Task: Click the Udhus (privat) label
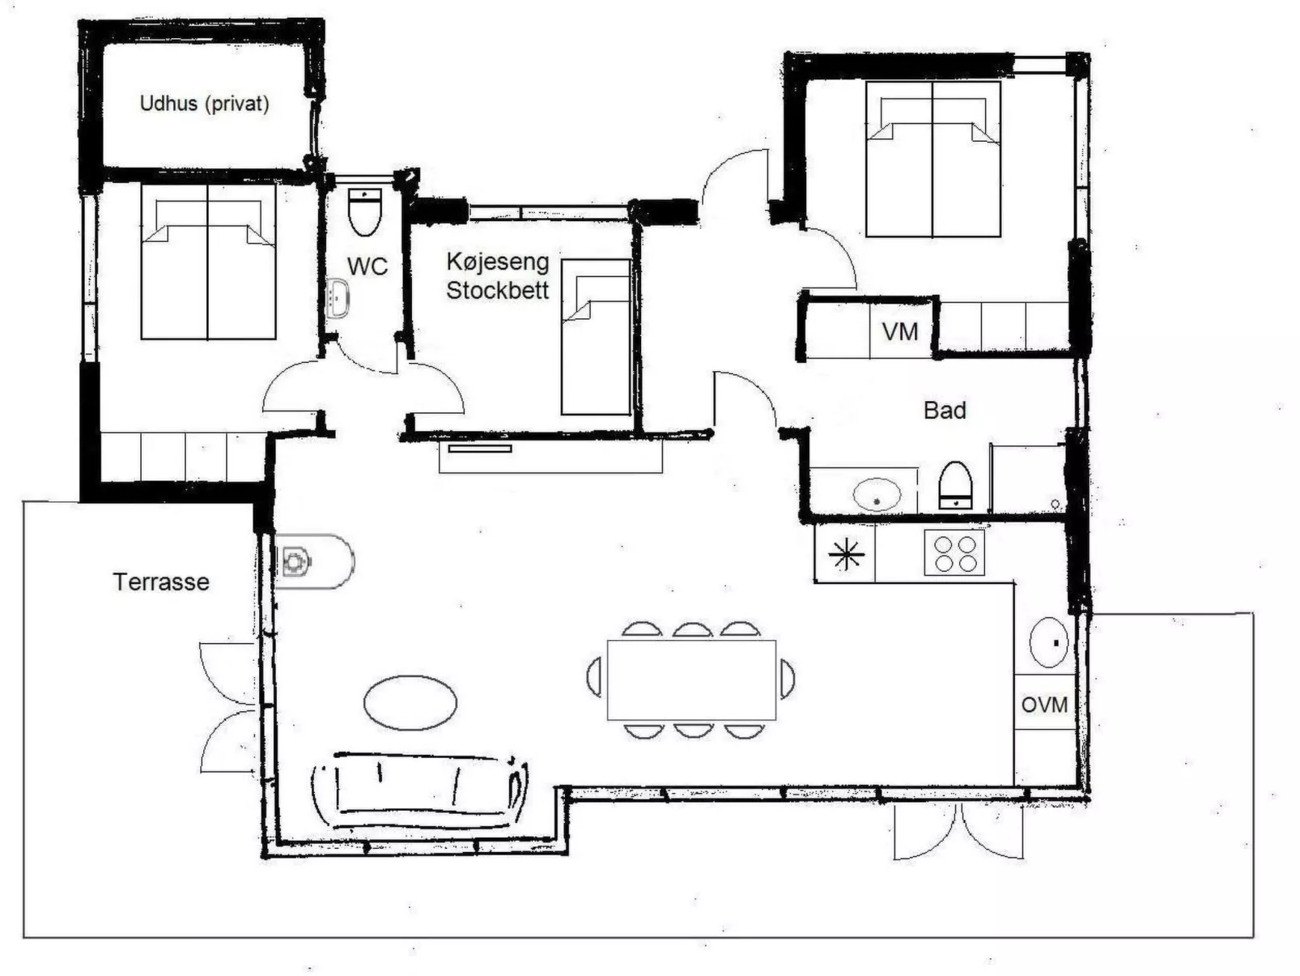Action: click(x=204, y=104)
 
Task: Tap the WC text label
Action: click(x=367, y=266)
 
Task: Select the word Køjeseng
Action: click(x=498, y=262)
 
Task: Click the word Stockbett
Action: click(x=498, y=291)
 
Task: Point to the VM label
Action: click(x=900, y=332)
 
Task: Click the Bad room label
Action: click(x=945, y=410)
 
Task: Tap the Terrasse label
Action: click(x=161, y=582)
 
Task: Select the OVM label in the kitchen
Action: click(x=1045, y=705)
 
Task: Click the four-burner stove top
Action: click(x=954, y=552)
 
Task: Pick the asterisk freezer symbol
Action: click(x=846, y=554)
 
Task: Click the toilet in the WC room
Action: click(x=365, y=211)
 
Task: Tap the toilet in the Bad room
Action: click(x=955, y=485)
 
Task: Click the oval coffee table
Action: click(x=410, y=703)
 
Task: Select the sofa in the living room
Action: click(x=419, y=791)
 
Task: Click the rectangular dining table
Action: click(x=691, y=680)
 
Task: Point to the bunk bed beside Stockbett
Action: click(x=595, y=337)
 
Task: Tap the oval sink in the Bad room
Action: click(x=877, y=494)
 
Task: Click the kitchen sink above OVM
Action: click(x=1049, y=642)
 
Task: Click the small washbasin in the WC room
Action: click(x=338, y=298)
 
